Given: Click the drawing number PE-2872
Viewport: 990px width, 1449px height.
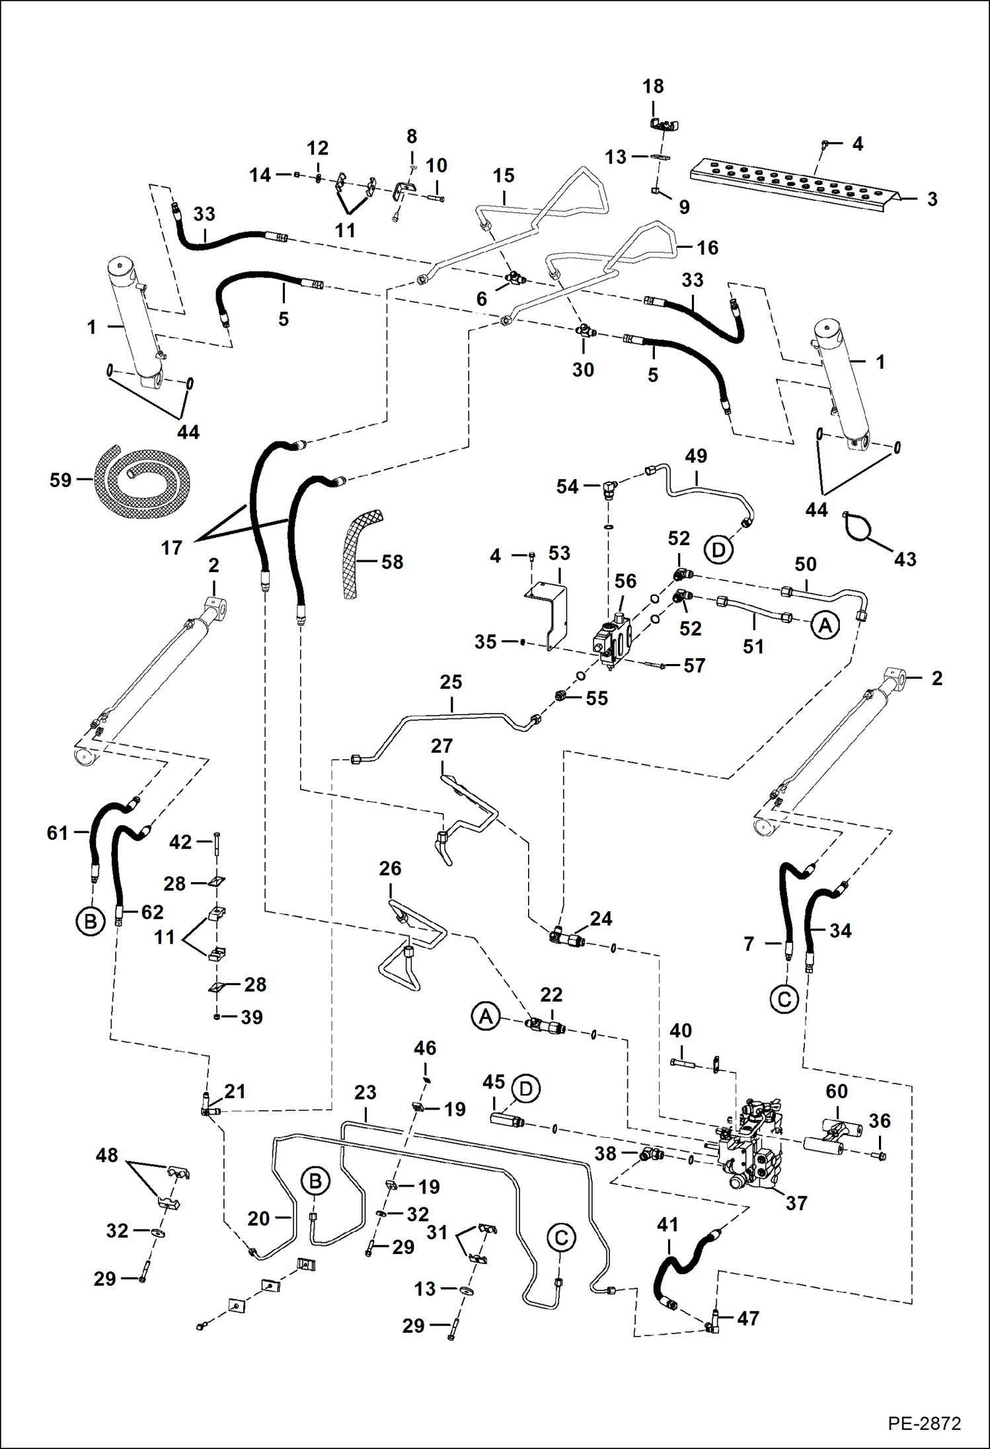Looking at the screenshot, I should pos(924,1423).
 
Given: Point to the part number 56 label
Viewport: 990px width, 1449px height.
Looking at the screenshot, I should pos(625,581).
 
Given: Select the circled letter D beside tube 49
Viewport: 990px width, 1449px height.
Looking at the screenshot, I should pos(718,550).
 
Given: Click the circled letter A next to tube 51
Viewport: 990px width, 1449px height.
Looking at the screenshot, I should pos(825,624).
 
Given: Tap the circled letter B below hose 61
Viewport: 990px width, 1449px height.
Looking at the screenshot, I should pos(91,921).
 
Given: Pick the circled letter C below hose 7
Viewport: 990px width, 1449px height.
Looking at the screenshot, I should pos(784,999).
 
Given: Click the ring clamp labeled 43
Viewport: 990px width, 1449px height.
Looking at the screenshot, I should pos(859,529).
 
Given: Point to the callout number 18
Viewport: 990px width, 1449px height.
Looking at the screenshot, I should pos(653,86).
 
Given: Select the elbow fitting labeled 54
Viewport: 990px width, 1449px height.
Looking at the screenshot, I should pos(609,490).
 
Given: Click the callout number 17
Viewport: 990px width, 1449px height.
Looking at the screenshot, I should pos(171,548).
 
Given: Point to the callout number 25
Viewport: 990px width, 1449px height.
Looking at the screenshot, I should pos(451,682).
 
